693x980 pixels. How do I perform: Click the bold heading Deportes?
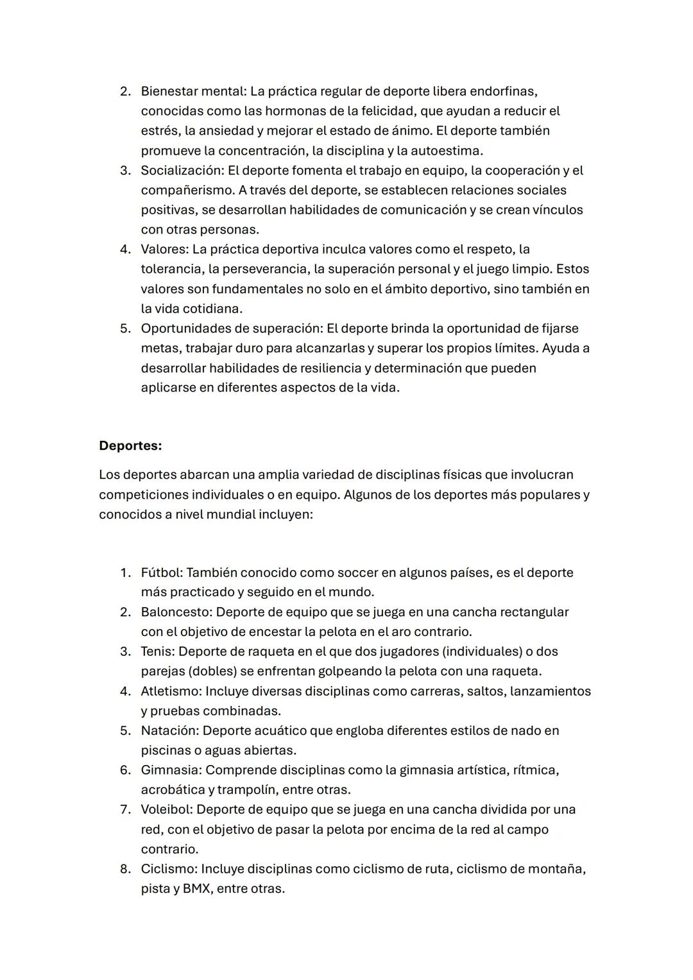pyautogui.click(x=130, y=445)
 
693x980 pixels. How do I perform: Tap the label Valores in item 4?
pyautogui.click(x=164, y=250)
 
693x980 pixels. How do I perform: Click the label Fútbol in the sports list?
pyautogui.click(x=161, y=572)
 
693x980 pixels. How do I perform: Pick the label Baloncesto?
pyautogui.click(x=176, y=612)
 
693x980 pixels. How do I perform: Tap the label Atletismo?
pyautogui.click(x=171, y=691)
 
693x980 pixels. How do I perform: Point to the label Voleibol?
pyautogui.click(x=166, y=809)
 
